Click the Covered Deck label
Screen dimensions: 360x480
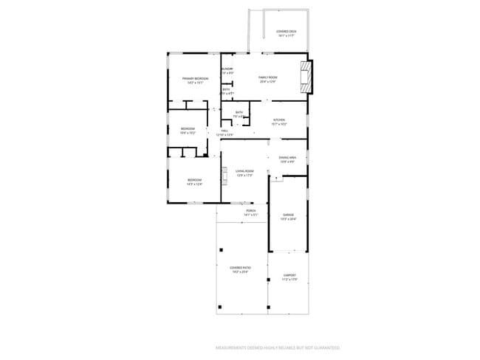[286, 32]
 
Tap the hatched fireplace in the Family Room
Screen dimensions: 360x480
[309, 76]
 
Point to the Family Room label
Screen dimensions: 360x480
[267, 79]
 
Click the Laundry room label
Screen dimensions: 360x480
[227, 71]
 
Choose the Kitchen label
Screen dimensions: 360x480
[279, 122]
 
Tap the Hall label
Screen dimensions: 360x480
[224, 133]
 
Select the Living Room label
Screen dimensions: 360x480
[244, 173]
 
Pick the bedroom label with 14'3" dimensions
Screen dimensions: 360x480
[194, 181]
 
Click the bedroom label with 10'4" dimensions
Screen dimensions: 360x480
[188, 131]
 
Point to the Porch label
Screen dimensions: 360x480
[251, 212]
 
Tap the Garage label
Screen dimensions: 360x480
[288, 217]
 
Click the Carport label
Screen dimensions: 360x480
[289, 277]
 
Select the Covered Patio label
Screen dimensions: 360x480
[239, 269]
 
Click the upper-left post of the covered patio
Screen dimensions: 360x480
[220, 250]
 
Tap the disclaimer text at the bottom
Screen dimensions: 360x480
[277, 347]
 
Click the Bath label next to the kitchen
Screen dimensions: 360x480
[239, 114]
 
